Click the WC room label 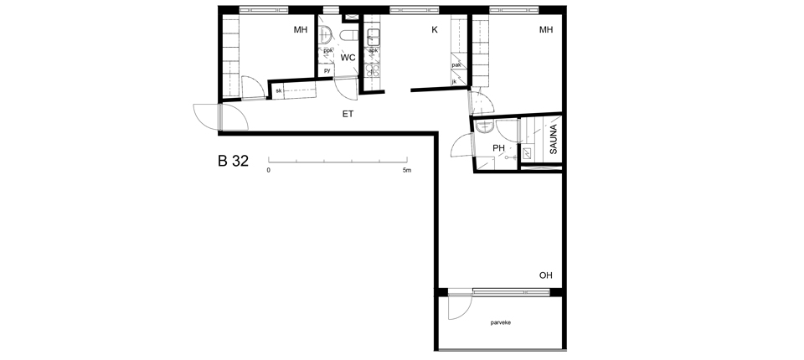click(x=348, y=58)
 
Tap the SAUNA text click(x=554, y=139)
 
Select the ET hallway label click(x=348, y=114)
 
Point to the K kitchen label click(x=435, y=30)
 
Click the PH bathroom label click(x=498, y=148)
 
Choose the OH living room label click(x=545, y=275)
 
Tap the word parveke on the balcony click(x=501, y=322)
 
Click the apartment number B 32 click(x=234, y=161)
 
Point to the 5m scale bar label click(x=407, y=170)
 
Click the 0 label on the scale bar click(x=268, y=170)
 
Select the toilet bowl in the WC click(x=349, y=36)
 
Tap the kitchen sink click(x=373, y=36)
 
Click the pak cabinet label click(x=456, y=65)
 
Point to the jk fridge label click(x=454, y=81)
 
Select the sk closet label click(x=278, y=90)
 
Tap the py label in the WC click(x=327, y=70)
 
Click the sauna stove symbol click(x=526, y=152)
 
